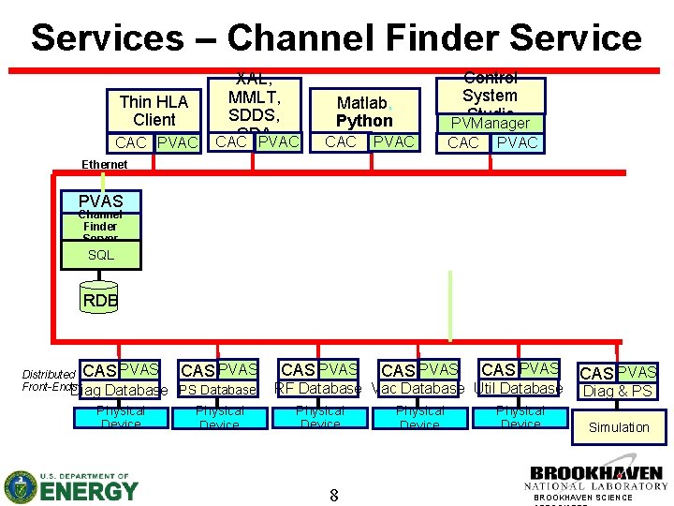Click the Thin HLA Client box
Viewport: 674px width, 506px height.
[x=154, y=111]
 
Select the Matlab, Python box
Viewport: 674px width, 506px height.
[x=364, y=112]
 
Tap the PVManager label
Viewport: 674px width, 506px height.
[x=491, y=123]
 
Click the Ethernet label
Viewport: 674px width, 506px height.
[x=105, y=164]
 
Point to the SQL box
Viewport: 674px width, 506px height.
[x=100, y=255]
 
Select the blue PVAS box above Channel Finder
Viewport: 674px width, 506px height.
[x=100, y=201]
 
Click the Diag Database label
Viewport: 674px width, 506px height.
[x=120, y=390]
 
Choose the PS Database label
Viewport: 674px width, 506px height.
[x=216, y=390]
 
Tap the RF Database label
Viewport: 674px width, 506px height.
[x=317, y=388]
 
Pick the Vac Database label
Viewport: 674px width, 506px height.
[x=418, y=388]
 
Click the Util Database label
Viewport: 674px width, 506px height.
[x=519, y=388]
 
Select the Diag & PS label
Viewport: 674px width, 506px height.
[x=617, y=391]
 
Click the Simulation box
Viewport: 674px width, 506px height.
[x=618, y=427]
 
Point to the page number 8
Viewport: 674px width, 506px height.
[x=333, y=494]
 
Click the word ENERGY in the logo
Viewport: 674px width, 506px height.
[x=89, y=489]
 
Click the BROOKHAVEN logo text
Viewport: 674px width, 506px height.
[x=596, y=473]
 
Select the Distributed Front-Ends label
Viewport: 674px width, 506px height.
[x=49, y=380]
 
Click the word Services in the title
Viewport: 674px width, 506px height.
[x=107, y=37]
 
